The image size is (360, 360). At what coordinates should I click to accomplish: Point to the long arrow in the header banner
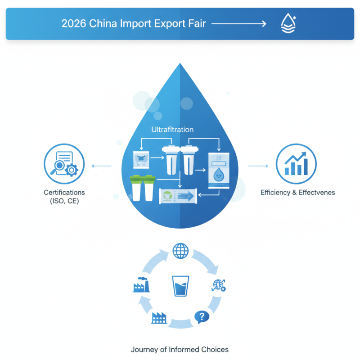pos(238,23)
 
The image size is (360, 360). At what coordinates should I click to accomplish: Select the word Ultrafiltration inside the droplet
pos(172,130)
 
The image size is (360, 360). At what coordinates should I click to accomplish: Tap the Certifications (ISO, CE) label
pos(64,197)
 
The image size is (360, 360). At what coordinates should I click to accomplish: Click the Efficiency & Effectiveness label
pos(297,193)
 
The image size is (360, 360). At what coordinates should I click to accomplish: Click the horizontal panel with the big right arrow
pos(178,196)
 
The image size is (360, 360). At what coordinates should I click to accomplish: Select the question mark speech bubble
pos(202,318)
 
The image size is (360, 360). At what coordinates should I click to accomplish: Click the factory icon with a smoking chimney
pos(140,285)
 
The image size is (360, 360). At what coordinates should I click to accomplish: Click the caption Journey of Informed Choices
pos(180,350)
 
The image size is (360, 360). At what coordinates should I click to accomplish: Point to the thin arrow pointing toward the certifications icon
pos(101,166)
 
